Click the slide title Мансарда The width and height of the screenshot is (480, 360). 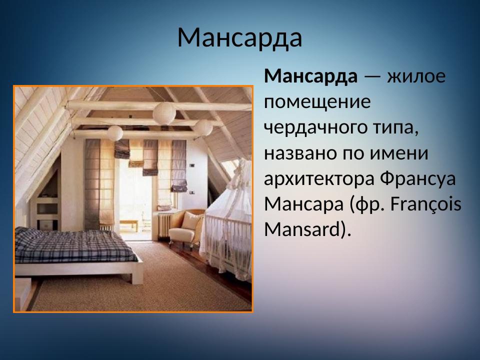tap(239, 38)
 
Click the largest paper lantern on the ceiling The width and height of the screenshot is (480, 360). tap(164, 113)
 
